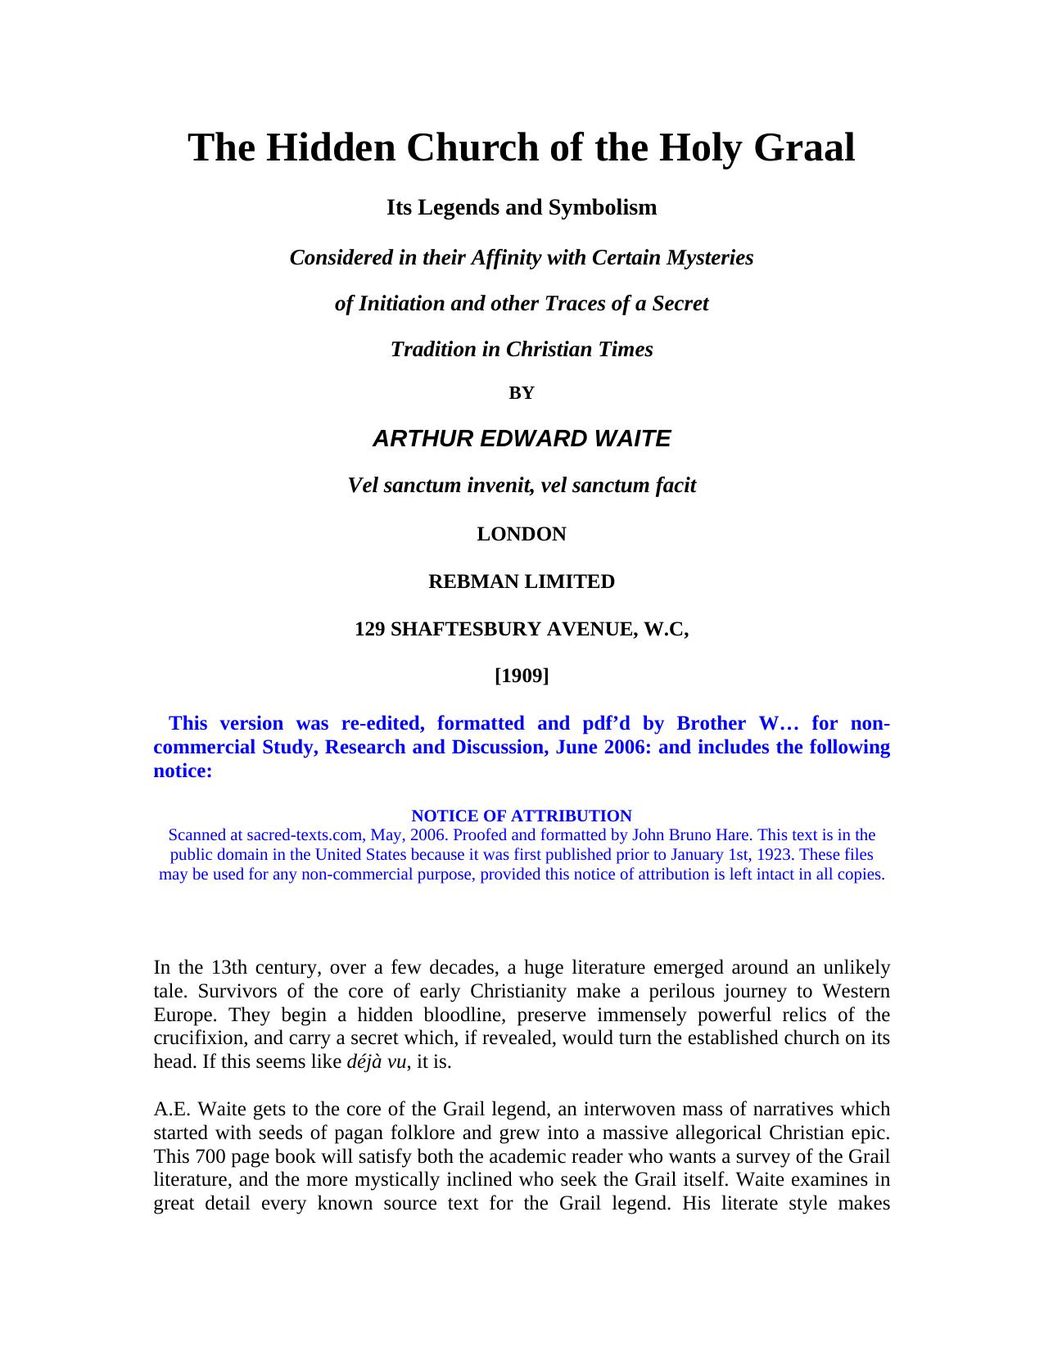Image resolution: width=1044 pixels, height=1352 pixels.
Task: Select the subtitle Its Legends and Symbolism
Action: click(522, 208)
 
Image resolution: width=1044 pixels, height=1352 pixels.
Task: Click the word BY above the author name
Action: click(522, 393)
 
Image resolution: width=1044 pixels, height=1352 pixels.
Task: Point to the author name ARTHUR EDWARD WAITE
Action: click(522, 439)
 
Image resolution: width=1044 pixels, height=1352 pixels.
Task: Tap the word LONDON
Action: click(522, 535)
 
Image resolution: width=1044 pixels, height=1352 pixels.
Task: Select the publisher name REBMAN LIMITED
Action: click(522, 582)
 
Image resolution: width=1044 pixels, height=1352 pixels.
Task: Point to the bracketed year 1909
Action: click(522, 676)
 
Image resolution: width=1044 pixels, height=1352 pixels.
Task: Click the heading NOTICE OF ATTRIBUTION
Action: click(522, 816)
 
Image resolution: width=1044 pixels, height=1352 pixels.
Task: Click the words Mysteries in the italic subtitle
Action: click(708, 258)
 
